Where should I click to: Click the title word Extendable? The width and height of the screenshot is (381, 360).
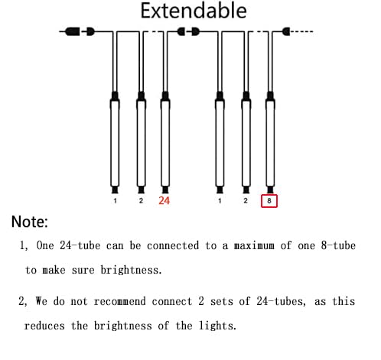coord(194,11)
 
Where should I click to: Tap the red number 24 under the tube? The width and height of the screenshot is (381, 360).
coord(164,201)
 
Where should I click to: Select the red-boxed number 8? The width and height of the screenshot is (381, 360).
coord(269,201)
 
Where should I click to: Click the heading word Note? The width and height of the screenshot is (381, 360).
coord(30,222)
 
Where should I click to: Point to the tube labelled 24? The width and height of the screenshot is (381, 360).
coord(165,143)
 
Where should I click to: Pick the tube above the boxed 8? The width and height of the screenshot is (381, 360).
coord(270,143)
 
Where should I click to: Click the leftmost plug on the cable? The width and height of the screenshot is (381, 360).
coord(73,31)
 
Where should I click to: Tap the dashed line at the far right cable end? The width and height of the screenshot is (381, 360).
coord(302,31)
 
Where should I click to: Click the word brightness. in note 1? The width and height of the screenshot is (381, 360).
coord(131,270)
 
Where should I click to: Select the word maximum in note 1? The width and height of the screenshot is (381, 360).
coord(254,245)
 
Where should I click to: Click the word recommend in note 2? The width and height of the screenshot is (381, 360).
coord(120,301)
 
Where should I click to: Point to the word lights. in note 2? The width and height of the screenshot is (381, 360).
coord(217,326)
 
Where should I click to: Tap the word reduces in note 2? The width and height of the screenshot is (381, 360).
coord(44,326)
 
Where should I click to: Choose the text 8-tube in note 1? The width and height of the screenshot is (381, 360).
coord(338,245)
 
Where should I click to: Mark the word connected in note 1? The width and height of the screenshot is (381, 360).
coord(173,245)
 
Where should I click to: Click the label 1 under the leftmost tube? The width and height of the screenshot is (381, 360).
coord(116,201)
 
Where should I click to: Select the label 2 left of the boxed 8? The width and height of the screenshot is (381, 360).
coord(246,201)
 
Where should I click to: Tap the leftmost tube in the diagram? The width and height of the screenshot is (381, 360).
coord(115,143)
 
